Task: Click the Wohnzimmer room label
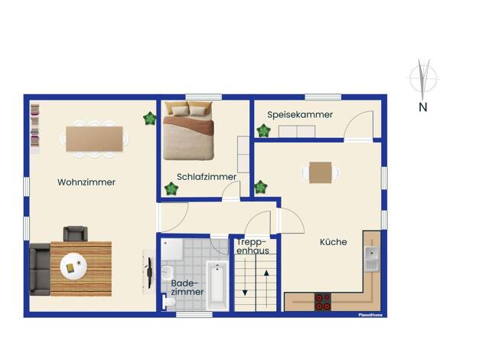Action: click(x=86, y=182)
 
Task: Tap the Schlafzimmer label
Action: click(x=207, y=177)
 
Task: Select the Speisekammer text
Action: click(x=300, y=115)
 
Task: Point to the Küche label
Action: click(x=334, y=242)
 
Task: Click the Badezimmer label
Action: click(x=187, y=287)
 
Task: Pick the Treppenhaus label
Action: click(x=253, y=247)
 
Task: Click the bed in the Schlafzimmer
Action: click(x=188, y=131)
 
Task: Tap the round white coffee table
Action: click(x=73, y=267)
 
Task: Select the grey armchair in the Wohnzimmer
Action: click(x=76, y=234)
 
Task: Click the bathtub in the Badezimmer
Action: click(x=217, y=286)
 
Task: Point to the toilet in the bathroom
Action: click(x=168, y=302)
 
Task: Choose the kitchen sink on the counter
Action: click(x=372, y=259)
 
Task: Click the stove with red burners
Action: click(x=323, y=302)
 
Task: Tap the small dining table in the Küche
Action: click(x=320, y=172)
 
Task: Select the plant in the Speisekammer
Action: click(x=263, y=130)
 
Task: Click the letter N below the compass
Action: click(x=423, y=107)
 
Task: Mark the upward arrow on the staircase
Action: click(x=266, y=288)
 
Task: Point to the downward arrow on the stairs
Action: click(x=245, y=277)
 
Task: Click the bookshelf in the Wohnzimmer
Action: click(x=35, y=126)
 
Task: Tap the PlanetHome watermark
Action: click(x=370, y=315)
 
